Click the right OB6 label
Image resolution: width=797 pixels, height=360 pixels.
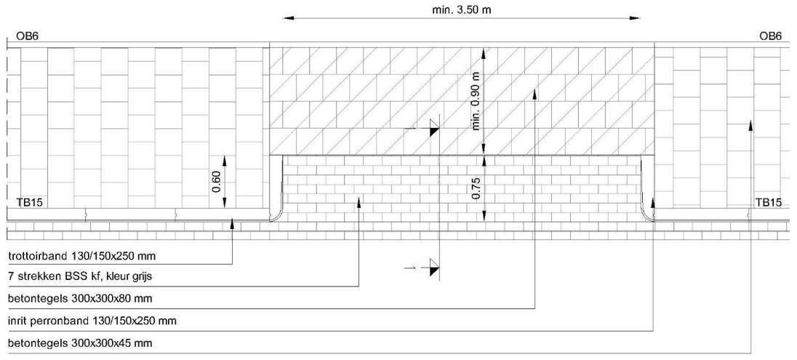pos(770,36)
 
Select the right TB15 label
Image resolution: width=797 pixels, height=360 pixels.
pos(768,203)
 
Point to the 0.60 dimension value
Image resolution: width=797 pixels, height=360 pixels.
pos(216,182)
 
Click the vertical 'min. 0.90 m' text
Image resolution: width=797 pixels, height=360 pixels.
pos(476,100)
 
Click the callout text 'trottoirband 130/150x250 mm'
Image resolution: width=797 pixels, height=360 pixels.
pos(82,257)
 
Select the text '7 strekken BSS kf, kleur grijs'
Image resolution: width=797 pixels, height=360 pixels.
pos(80,277)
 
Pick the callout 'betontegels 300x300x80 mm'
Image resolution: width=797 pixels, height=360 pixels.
pos(79,298)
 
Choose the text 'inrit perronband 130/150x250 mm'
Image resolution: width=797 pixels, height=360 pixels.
pos(92,320)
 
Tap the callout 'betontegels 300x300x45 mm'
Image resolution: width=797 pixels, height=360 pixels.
pos(79,342)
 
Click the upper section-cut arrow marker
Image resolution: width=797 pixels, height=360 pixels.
pos(433,129)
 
